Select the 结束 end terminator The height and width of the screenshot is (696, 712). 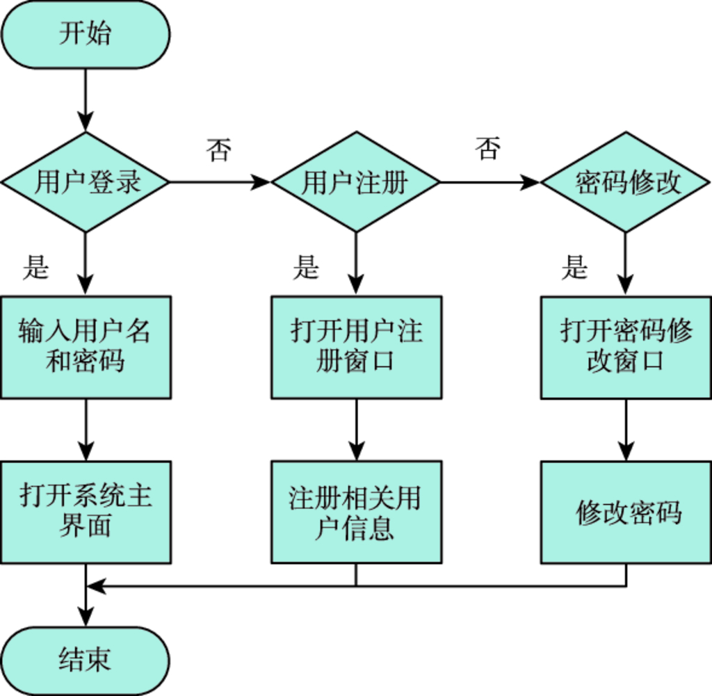[85, 660]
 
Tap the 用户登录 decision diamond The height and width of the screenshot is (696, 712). [85, 182]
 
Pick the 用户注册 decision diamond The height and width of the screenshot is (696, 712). [355, 182]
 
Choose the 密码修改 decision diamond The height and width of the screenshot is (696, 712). [626, 182]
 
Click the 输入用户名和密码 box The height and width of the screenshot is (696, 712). [86, 347]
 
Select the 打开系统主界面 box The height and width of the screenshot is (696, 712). [86, 512]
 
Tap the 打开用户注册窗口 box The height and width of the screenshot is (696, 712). [356, 347]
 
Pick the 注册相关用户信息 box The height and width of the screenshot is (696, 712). [356, 512]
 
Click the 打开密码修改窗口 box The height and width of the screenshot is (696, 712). [626, 347]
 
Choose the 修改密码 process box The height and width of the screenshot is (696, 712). [626, 512]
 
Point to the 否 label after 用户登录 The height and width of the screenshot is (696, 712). [218, 150]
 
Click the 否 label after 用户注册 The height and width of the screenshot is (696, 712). [488, 149]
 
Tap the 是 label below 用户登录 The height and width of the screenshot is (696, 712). [35, 267]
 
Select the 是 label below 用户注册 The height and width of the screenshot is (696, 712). [305, 267]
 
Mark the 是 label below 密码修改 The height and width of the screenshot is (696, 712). [575, 267]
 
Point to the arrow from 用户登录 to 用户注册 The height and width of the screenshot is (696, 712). [219, 183]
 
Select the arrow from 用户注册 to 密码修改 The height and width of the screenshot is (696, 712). [489, 183]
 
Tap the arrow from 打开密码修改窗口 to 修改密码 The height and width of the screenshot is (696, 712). [626, 430]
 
